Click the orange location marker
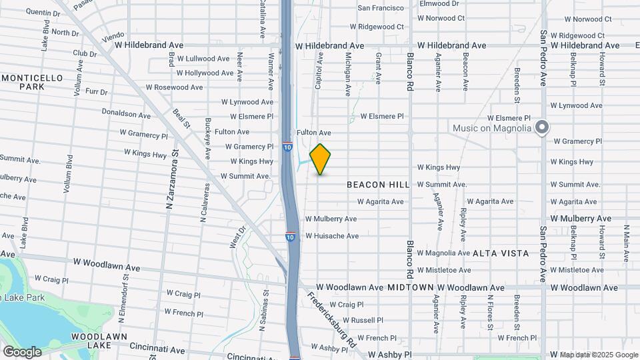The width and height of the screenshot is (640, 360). point(321,159)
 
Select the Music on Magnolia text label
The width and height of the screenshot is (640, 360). point(491,128)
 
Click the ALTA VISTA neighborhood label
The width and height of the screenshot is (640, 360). point(501,253)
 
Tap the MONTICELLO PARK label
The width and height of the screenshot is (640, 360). point(32,82)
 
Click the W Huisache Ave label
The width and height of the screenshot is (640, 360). point(332,236)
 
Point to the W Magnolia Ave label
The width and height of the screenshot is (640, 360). point(444,253)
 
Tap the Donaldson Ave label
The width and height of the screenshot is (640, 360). point(126,113)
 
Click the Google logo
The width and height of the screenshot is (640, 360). point(22,351)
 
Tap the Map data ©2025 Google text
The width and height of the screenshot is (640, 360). point(599,355)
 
